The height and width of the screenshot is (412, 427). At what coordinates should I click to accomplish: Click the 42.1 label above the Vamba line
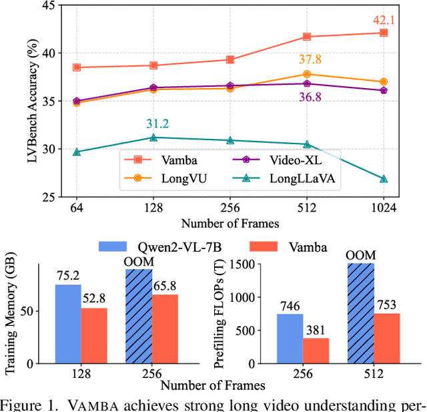[x=384, y=20]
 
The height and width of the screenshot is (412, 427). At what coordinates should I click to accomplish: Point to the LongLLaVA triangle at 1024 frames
[x=384, y=179]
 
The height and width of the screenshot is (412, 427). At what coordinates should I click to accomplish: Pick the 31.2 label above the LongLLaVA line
[x=153, y=124]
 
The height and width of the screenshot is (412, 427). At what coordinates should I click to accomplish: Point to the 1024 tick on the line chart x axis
[x=384, y=208]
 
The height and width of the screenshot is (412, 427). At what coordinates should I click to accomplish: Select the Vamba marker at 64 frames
[x=77, y=67]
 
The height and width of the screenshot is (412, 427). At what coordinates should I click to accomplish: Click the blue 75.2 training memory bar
[x=68, y=324]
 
